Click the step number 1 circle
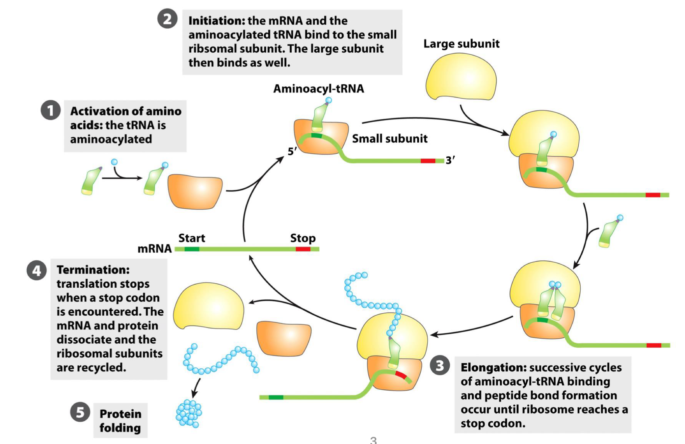(x=50, y=110)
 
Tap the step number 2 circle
(x=167, y=19)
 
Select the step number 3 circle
(x=440, y=365)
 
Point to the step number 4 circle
(x=37, y=270)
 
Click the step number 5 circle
(x=80, y=412)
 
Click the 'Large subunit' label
(x=461, y=44)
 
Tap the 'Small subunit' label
(x=389, y=139)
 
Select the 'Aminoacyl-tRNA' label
(x=318, y=89)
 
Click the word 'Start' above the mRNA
(x=192, y=238)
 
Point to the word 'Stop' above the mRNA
(x=303, y=238)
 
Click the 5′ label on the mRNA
(x=292, y=151)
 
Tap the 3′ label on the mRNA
(x=450, y=160)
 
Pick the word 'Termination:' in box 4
(x=93, y=270)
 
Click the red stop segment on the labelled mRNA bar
(x=303, y=249)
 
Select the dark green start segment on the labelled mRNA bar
(x=192, y=249)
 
